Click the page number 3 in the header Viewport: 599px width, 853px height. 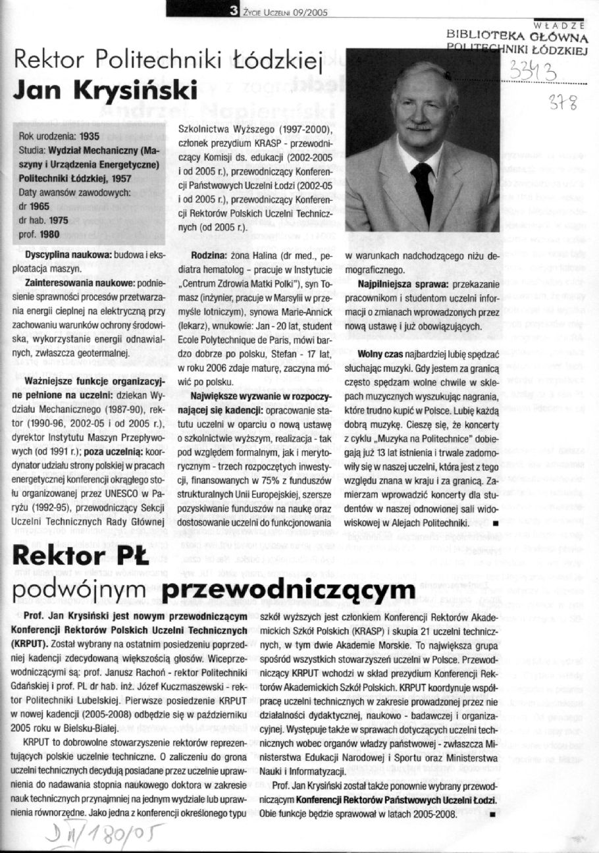click(x=234, y=10)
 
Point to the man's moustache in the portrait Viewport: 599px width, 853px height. click(x=419, y=124)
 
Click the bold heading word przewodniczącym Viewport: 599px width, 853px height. click(x=289, y=592)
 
